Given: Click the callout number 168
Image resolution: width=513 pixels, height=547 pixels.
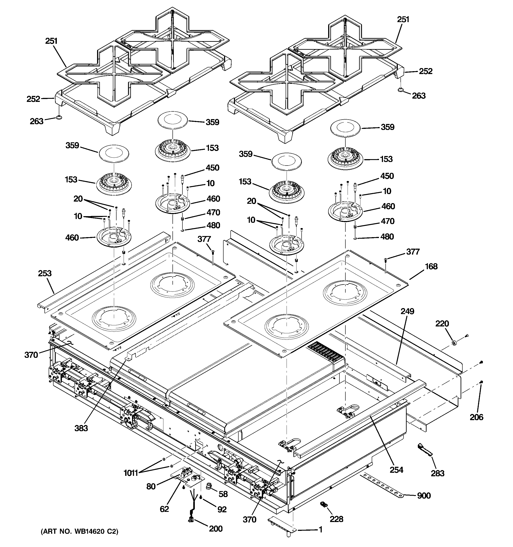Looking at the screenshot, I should pyautogui.click(x=431, y=266).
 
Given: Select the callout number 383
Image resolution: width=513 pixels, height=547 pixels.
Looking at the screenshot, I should pyautogui.click(x=81, y=428).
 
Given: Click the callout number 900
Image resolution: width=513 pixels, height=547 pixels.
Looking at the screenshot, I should pyautogui.click(x=424, y=496).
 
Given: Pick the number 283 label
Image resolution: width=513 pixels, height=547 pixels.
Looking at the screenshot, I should pyautogui.click(x=438, y=473).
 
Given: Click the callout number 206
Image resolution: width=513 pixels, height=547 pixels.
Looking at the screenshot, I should pyautogui.click(x=476, y=417).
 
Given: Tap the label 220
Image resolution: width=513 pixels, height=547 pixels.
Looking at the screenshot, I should pyautogui.click(x=442, y=323).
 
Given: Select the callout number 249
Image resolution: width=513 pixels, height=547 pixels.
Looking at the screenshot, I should pyautogui.click(x=407, y=311).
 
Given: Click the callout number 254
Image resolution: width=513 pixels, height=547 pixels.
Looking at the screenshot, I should pyautogui.click(x=396, y=470).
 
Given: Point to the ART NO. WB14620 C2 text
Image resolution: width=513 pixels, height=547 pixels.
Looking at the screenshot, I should pyautogui.click(x=80, y=532).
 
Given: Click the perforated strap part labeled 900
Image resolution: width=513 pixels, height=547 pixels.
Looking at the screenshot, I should pyautogui.click(x=383, y=486).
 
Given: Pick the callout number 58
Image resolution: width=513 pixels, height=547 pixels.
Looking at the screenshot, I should pyautogui.click(x=223, y=494).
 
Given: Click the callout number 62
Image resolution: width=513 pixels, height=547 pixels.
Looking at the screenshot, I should pyautogui.click(x=164, y=509).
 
